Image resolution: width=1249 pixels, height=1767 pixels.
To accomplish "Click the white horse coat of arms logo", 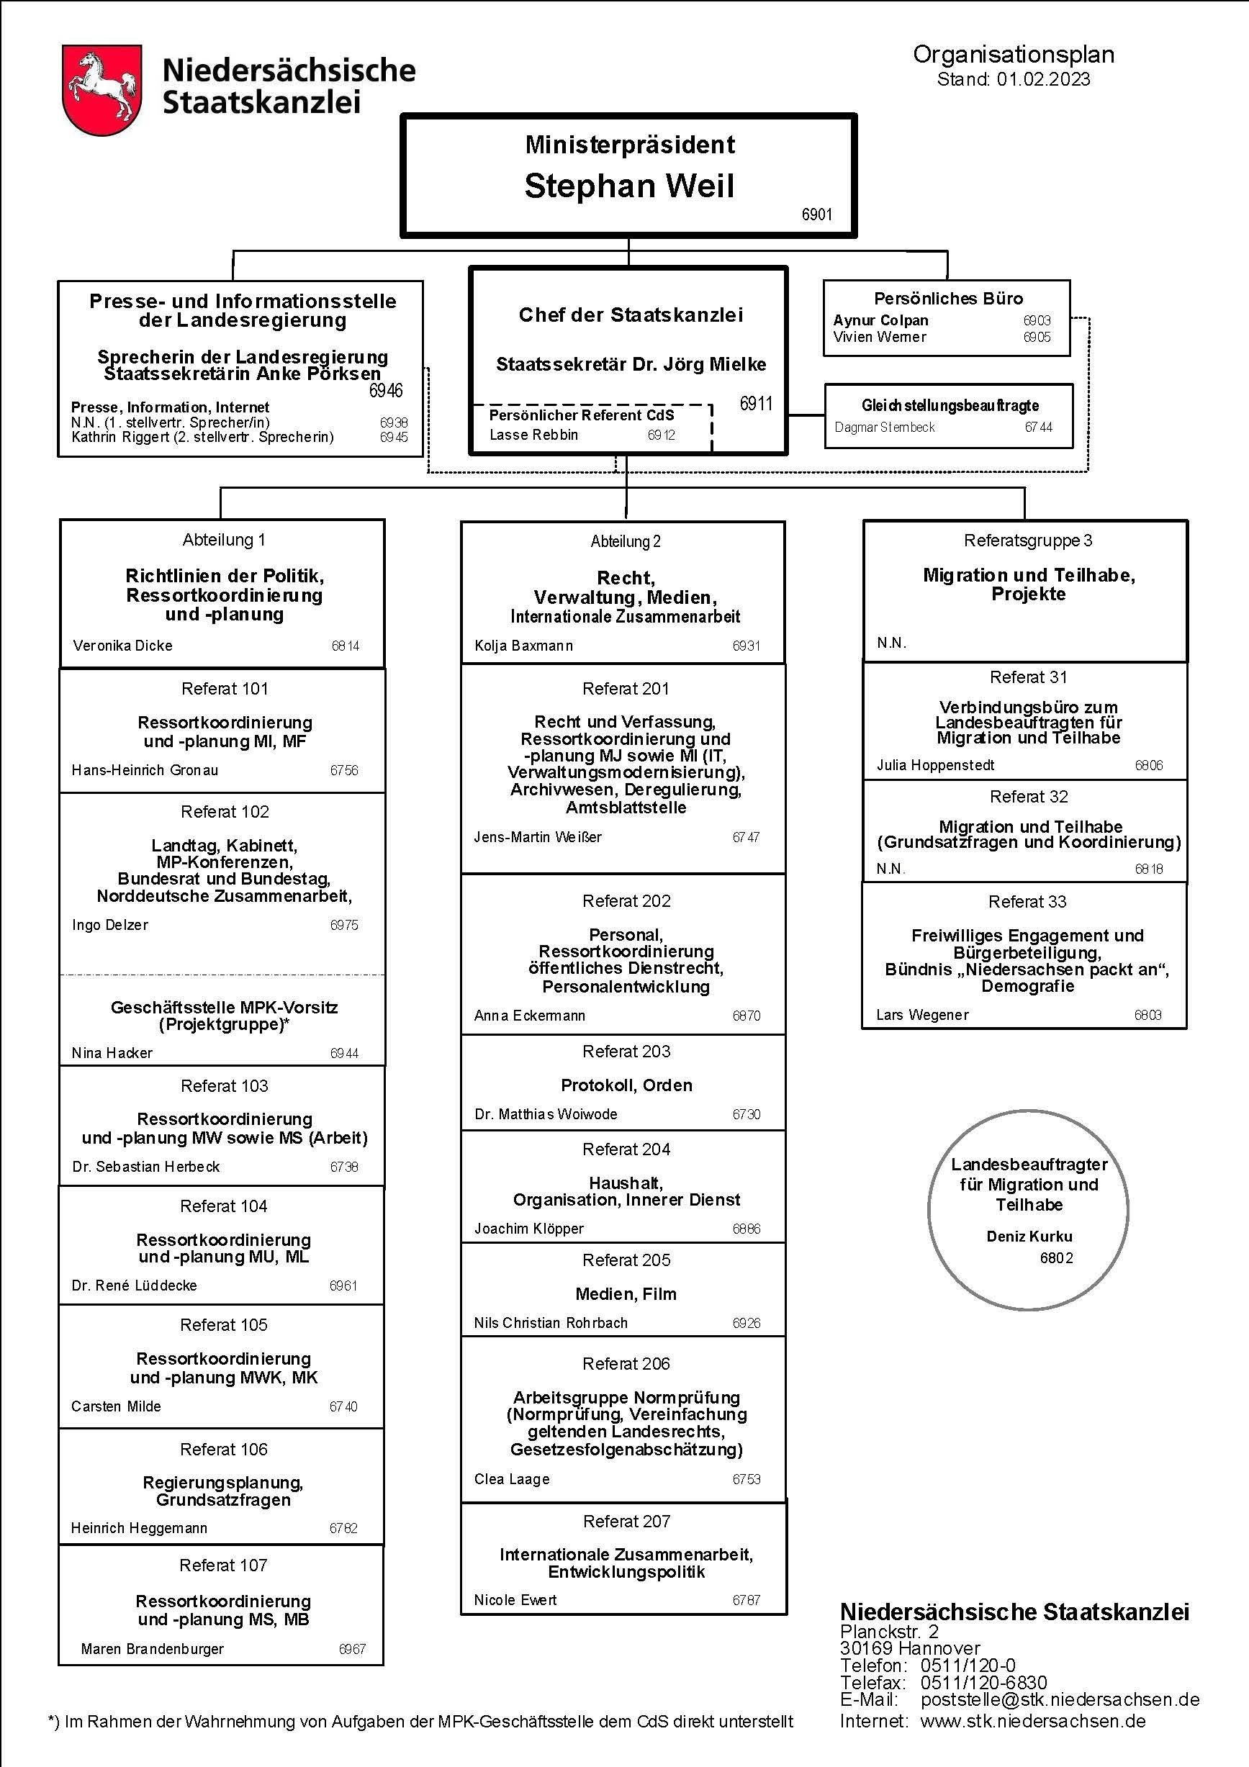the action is (102, 90).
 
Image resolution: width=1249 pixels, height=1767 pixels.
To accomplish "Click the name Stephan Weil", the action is (629, 186).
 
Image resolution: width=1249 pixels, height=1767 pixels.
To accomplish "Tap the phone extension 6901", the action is (816, 214).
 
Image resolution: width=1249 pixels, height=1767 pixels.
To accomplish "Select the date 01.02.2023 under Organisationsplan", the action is (1044, 79).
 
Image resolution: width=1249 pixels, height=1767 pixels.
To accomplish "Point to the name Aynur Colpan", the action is (880, 320).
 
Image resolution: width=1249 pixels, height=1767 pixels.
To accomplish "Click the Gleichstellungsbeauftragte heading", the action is (950, 405).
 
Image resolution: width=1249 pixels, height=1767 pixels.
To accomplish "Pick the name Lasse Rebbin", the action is (533, 435).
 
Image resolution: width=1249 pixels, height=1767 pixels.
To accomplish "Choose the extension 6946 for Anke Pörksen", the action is (387, 391).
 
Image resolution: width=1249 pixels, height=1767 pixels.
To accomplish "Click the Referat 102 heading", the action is (225, 812).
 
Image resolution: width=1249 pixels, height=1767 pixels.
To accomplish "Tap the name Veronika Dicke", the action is (123, 646).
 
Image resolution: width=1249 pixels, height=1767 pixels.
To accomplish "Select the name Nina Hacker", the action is (112, 1053).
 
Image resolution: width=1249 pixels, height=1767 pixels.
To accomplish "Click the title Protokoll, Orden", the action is (626, 1085).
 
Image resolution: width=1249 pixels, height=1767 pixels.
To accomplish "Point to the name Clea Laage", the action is (512, 1479).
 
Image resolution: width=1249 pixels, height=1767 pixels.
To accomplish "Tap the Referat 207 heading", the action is (626, 1522).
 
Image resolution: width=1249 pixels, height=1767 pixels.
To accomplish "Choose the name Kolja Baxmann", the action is (524, 646).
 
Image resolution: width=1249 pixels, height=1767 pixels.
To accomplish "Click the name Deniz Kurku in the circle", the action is (1029, 1237).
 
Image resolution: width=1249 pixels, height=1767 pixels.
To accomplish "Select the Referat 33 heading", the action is (1027, 902).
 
